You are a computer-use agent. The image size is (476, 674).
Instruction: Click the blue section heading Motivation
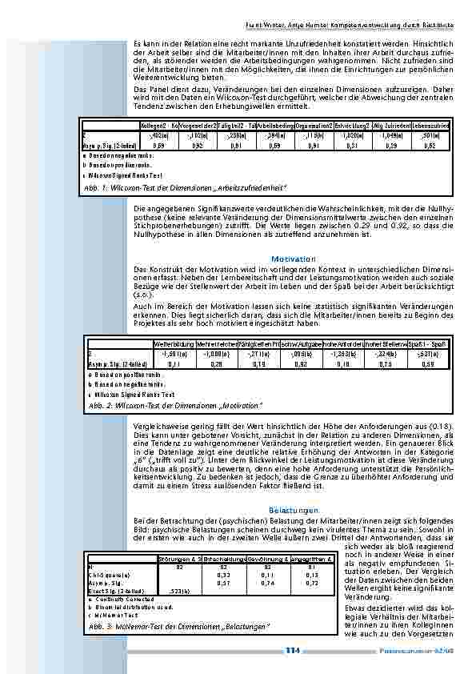click(294, 259)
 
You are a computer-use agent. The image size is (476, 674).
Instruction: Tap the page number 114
click(292, 652)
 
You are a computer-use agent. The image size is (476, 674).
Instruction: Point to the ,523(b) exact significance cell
click(179, 591)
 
